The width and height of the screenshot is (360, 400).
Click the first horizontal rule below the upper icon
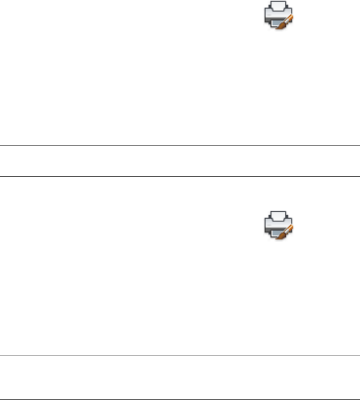[x=180, y=147]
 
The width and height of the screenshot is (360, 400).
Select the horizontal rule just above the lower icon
[x=180, y=178]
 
